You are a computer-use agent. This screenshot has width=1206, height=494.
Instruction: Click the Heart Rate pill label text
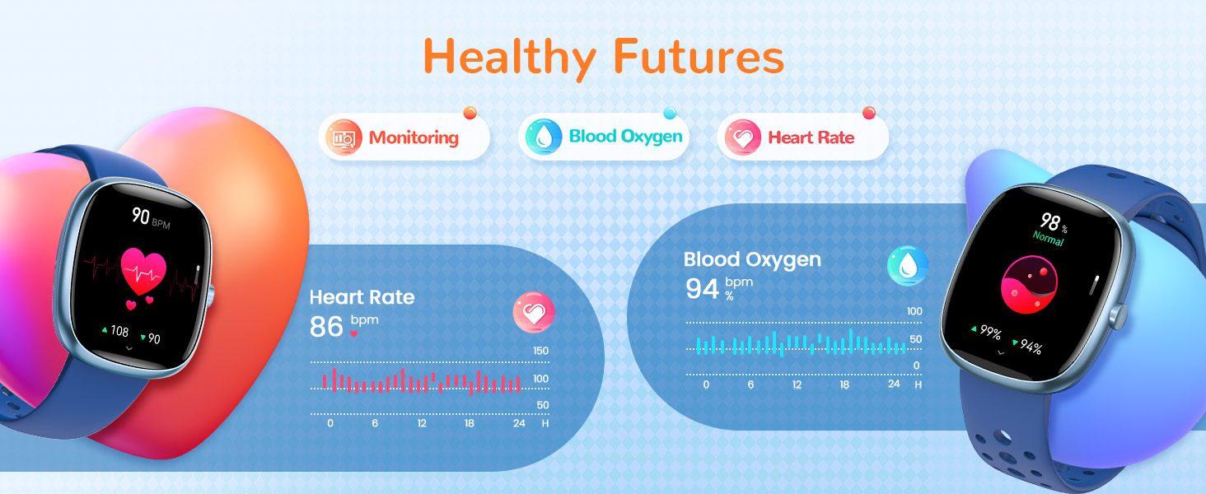[811, 137]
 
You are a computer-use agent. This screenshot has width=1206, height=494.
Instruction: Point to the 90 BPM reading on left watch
[141, 217]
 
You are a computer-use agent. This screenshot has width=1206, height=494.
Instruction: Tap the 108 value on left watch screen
[119, 331]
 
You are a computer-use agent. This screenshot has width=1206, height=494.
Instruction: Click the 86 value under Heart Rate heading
[326, 327]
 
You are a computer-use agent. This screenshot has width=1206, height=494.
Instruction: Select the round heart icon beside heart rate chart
[534, 313]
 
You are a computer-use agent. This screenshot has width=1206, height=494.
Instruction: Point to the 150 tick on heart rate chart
[540, 352]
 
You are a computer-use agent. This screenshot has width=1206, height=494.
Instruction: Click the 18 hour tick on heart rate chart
[469, 423]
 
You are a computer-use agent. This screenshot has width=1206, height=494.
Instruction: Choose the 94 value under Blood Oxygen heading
[702, 288]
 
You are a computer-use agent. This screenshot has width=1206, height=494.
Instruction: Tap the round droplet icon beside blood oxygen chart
[908, 266]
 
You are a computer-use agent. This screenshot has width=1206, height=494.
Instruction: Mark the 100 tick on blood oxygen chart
[914, 311]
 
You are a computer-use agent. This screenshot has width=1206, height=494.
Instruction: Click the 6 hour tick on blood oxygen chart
[750, 384]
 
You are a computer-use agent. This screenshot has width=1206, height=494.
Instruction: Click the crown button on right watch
[1118, 316]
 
